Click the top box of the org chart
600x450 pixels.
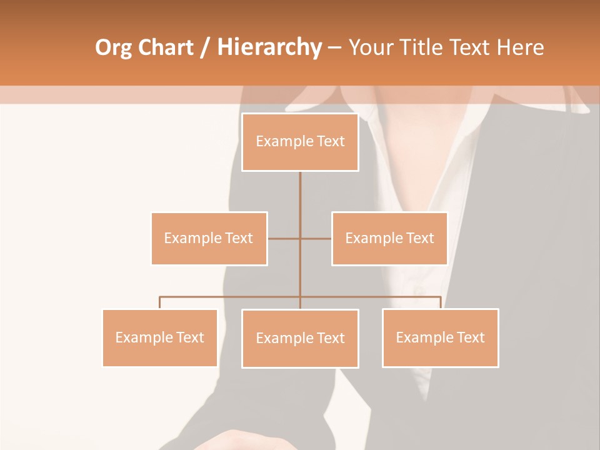pos(300,142)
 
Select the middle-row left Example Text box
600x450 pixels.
pos(209,238)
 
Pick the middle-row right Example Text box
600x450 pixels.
pos(389,238)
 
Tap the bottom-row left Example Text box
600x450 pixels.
pos(159,337)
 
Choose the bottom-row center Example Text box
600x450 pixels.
pos(300,338)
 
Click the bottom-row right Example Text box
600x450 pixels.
pos(440,337)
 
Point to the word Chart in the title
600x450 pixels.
pos(166,47)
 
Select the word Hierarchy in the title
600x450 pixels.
pos(269,47)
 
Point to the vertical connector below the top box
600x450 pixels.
pos(300,194)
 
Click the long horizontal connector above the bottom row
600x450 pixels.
pos(231,297)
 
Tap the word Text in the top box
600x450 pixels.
pos(331,142)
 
